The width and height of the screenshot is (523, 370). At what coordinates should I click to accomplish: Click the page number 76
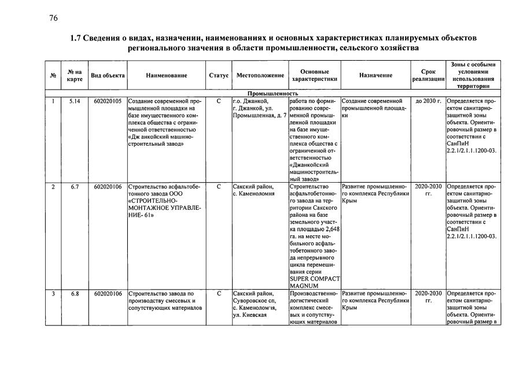pos(54,18)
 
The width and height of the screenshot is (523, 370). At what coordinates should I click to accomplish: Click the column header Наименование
pos(167,75)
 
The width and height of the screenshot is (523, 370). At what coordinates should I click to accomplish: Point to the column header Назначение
pos(375,75)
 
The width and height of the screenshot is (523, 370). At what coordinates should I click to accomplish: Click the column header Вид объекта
pos(108,75)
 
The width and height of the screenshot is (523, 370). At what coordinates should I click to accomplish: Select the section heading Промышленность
pos(272,93)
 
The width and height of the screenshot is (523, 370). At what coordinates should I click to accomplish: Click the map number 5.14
pos(74,101)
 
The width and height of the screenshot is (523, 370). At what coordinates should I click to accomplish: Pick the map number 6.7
pos(74,187)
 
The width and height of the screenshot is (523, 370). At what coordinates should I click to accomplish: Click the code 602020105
pos(108,101)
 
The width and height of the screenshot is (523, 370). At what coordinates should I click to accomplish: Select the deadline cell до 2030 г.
pos(428,101)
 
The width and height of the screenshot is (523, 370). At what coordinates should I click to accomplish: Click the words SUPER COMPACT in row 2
pos(314,277)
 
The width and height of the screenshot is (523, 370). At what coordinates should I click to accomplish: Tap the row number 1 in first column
pos(53,101)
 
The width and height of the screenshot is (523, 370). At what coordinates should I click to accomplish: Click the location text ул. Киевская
pos(249,315)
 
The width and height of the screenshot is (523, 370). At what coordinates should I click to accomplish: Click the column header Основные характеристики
pos(315,75)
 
